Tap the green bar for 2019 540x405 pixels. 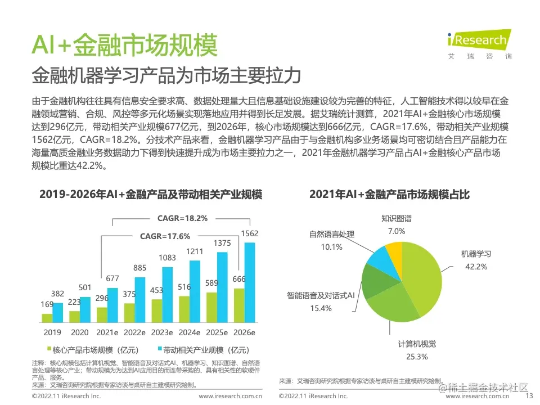click(47, 318)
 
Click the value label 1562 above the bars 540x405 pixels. click(249, 233)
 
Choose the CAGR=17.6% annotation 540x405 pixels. click(165, 236)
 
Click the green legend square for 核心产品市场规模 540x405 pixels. click(48, 349)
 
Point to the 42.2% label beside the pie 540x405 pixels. click(476, 267)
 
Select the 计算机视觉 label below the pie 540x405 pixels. click(417, 344)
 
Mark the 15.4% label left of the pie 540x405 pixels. click(321, 308)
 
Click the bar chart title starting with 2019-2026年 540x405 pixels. click(150, 195)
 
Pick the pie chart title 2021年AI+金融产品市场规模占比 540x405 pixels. click(389, 195)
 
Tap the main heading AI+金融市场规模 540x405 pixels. click(124, 45)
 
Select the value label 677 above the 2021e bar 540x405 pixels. click(112, 278)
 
